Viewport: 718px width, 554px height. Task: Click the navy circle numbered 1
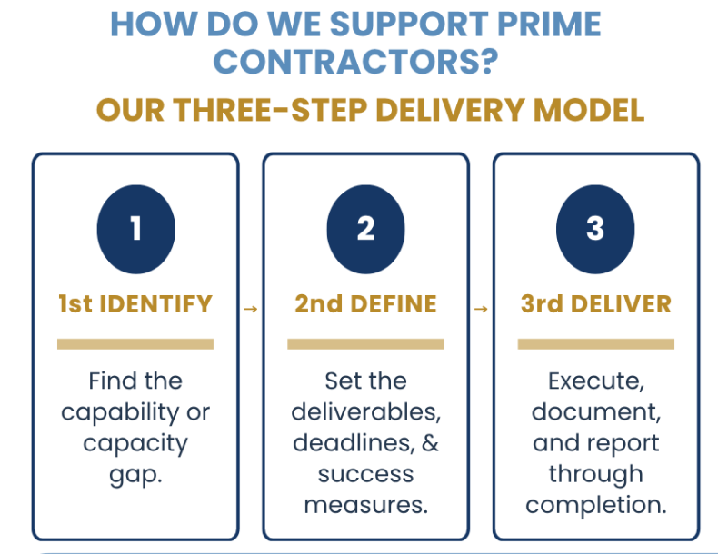click(136, 229)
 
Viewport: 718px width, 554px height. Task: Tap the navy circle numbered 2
click(366, 229)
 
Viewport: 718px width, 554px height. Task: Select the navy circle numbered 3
click(595, 229)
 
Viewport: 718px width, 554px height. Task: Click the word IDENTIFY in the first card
click(155, 304)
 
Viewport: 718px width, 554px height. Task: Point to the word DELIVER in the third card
click(621, 304)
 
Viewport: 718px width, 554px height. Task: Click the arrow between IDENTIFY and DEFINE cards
click(251, 310)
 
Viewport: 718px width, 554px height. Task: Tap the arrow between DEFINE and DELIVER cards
click(481, 310)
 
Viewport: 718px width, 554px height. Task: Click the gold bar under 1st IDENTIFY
click(135, 344)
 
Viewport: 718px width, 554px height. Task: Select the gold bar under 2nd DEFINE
click(366, 344)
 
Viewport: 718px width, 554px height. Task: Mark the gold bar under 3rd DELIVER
click(595, 344)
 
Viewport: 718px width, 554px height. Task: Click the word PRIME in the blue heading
click(549, 24)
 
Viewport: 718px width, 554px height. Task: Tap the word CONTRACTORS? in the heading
click(355, 62)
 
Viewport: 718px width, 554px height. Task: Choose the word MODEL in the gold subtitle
click(589, 110)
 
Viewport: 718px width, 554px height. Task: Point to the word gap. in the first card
click(135, 476)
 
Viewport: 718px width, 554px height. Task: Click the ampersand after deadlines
click(430, 443)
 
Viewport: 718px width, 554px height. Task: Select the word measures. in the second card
click(366, 505)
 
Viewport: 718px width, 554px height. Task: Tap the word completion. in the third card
click(595, 505)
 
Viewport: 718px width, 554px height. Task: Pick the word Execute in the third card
click(593, 381)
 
